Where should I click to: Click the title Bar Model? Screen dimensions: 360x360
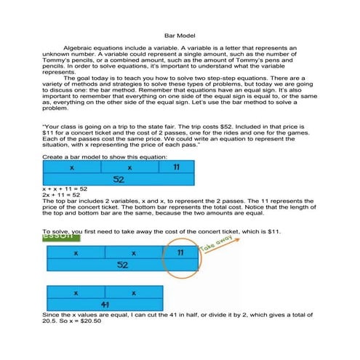point(180,34)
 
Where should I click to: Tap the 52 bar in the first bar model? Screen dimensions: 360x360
point(118,178)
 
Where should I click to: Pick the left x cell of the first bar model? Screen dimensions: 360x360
point(73,167)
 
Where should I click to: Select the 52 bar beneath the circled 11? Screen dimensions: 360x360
point(122,265)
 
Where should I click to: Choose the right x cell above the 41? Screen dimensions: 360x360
point(134,293)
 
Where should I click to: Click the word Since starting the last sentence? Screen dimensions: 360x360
point(54,315)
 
